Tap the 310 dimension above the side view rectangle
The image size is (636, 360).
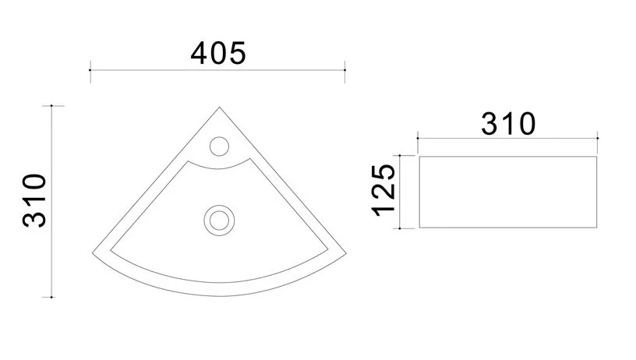tap(507, 124)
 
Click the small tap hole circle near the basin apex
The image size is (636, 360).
tap(219, 145)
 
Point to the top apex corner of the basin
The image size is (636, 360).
tap(220, 108)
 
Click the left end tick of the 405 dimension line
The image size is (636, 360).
tap(91, 70)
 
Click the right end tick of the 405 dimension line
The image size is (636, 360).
tap(345, 70)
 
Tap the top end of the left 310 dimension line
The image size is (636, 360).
tap(52, 105)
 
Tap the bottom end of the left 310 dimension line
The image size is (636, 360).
tap(52, 297)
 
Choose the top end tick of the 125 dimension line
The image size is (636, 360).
tap(399, 156)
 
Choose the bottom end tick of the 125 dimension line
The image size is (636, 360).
tap(399, 228)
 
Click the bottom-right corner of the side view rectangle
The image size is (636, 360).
tap(598, 228)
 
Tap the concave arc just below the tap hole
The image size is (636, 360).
tap(219, 166)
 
